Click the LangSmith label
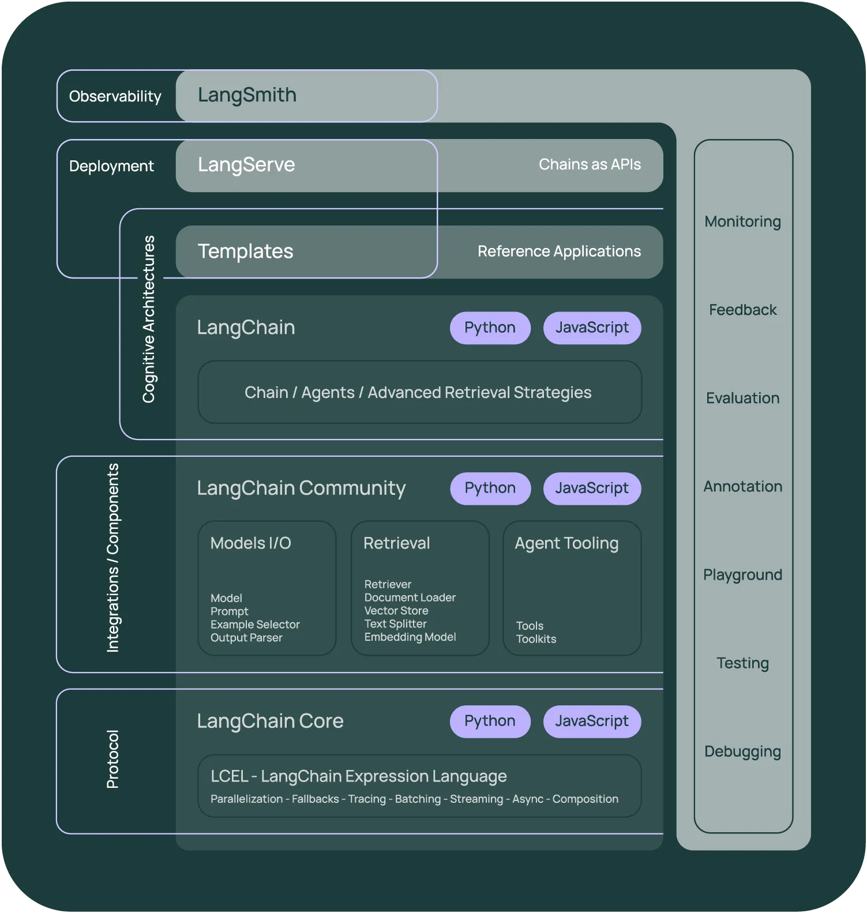[x=247, y=95]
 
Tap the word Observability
[x=115, y=96]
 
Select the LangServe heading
[x=246, y=165]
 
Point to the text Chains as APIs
[x=590, y=164]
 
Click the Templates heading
[x=245, y=251]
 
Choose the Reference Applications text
[x=559, y=251]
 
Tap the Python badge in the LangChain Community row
[x=490, y=488]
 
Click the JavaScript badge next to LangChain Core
[x=592, y=721]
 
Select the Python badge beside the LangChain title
[x=490, y=328]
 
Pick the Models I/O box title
[x=250, y=543]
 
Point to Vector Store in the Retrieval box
[x=396, y=610]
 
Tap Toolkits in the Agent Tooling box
[x=536, y=639]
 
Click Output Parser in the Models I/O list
[x=246, y=638]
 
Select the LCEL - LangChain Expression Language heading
[x=358, y=776]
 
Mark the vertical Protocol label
[x=112, y=759]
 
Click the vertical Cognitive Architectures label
[x=149, y=319]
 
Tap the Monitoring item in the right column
[x=742, y=221]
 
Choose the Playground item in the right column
[x=742, y=575]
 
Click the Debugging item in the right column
[x=742, y=752]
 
